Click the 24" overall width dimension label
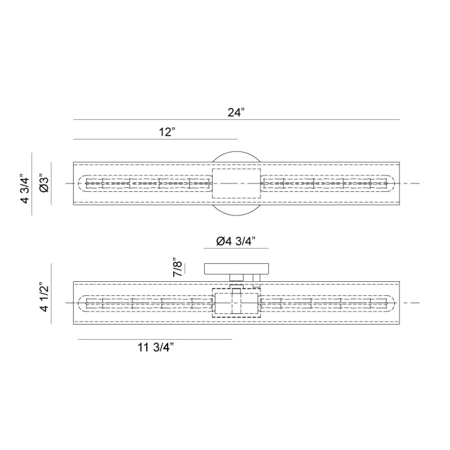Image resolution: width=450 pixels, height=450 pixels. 236,112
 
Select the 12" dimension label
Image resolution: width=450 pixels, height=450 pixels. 166,132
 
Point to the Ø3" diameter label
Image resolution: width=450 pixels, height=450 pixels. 43,184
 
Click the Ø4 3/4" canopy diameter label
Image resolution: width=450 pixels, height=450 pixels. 236,242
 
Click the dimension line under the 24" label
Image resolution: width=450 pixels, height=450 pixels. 236,120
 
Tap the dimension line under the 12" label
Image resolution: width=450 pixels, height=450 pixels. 155,139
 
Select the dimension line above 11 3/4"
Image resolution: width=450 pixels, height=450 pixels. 155,339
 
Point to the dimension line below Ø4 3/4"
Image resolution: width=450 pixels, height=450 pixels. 236,248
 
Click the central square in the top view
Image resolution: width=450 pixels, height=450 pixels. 236,184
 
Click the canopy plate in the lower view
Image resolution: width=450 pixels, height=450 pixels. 237,269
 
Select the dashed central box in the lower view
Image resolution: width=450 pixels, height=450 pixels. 236,303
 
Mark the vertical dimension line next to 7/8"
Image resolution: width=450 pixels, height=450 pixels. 185,268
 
